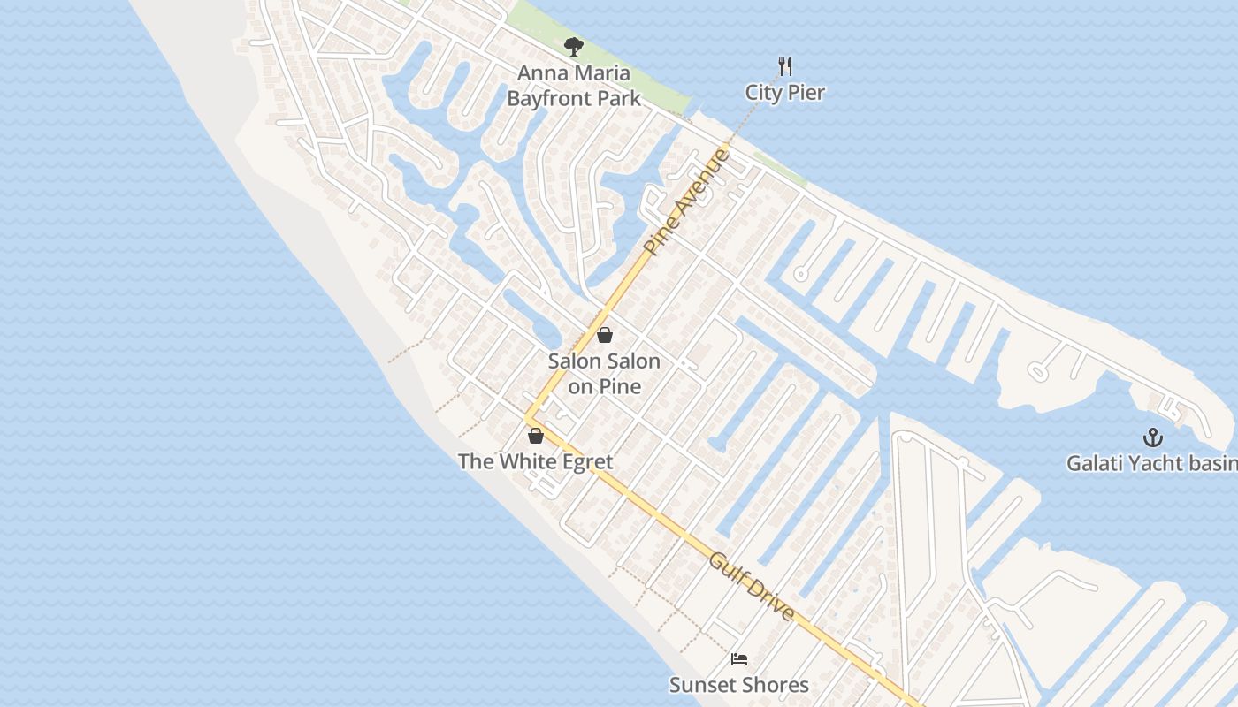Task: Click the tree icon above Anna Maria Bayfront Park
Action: pyautogui.click(x=574, y=47)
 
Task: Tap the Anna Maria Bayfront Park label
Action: pyautogui.click(x=574, y=86)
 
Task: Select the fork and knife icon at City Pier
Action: pyautogui.click(x=784, y=65)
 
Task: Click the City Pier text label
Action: pyautogui.click(x=784, y=93)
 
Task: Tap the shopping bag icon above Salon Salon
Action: pyautogui.click(x=605, y=335)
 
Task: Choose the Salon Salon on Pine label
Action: pyautogui.click(x=604, y=373)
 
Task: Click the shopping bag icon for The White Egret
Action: pyautogui.click(x=535, y=435)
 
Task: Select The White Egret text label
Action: pyautogui.click(x=535, y=461)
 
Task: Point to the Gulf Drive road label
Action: pyautogui.click(x=752, y=587)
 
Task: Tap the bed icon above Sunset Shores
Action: pyautogui.click(x=739, y=658)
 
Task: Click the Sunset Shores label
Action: pyautogui.click(x=738, y=685)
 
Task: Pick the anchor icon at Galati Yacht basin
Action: pyautogui.click(x=1152, y=437)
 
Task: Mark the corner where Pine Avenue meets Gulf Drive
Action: pyautogui.click(x=529, y=418)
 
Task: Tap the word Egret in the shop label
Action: pyautogui.click(x=580, y=461)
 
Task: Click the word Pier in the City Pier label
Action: pyautogui.click(x=806, y=93)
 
